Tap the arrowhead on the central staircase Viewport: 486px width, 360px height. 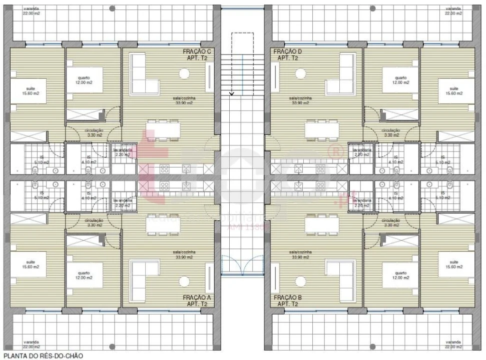(231, 93)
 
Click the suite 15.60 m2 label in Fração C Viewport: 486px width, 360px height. (27, 91)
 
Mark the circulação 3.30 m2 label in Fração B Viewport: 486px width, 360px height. (391, 223)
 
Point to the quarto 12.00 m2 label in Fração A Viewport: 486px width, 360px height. (84, 275)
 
